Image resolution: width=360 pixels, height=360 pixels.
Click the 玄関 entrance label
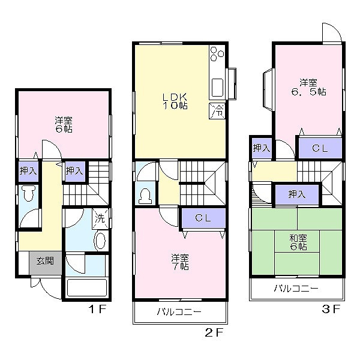point(45,261)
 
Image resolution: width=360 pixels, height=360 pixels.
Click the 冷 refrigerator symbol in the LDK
point(217,110)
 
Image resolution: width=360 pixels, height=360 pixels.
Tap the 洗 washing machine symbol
point(100,218)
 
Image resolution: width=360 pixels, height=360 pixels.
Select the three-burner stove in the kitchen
point(217,58)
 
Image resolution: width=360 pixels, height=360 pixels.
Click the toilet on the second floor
point(145,196)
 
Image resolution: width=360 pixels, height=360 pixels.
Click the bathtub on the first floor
point(86,287)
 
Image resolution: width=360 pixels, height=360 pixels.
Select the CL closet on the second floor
point(203,219)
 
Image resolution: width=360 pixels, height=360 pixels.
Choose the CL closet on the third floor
point(320,148)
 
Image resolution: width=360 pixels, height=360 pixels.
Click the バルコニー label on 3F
point(296,289)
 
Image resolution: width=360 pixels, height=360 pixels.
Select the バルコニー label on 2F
point(179,311)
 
